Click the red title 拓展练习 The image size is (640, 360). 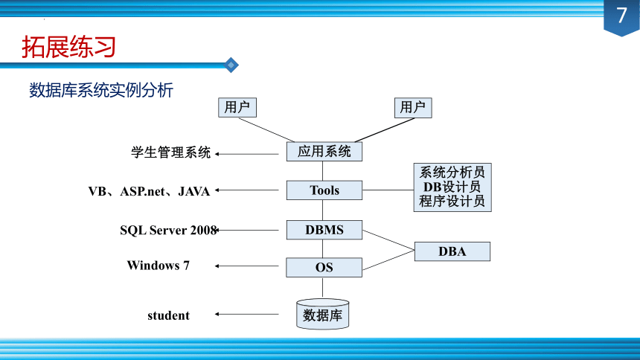[x=68, y=47]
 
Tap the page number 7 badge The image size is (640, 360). [x=621, y=17]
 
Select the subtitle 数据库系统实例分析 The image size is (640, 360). [x=101, y=90]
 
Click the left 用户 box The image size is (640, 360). [x=237, y=107]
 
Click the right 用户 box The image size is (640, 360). [x=413, y=107]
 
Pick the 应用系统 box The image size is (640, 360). [x=324, y=152]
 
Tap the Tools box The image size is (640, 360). [x=324, y=190]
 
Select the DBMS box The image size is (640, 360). [x=324, y=230]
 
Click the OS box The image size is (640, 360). [x=324, y=267]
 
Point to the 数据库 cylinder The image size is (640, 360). [x=322, y=315]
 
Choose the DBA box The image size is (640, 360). [x=452, y=251]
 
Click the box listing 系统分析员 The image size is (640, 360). [x=452, y=187]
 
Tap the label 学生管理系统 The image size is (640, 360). [x=170, y=152]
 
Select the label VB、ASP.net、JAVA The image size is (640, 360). [x=149, y=191]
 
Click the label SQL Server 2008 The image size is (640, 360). [x=168, y=230]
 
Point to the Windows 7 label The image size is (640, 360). [x=159, y=266]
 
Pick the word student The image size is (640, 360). [x=169, y=315]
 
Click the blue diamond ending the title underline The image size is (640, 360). [x=231, y=65]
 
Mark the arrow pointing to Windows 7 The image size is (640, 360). [x=247, y=266]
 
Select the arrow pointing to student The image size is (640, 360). [x=247, y=315]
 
